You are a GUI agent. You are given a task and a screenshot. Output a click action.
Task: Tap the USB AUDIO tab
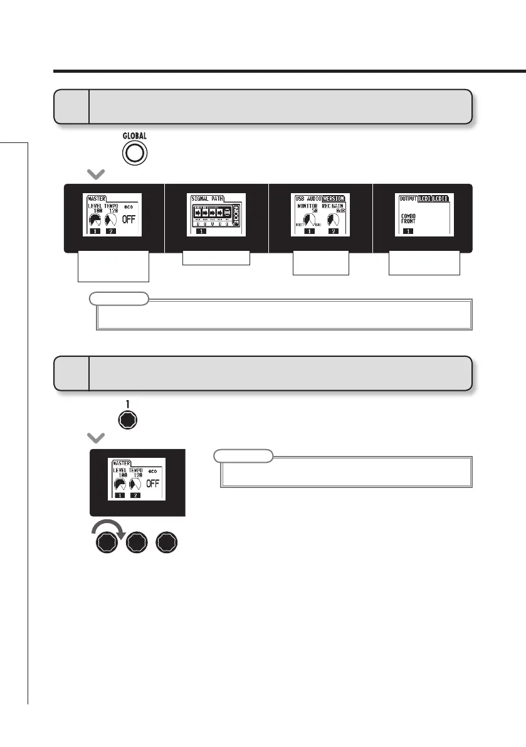307,198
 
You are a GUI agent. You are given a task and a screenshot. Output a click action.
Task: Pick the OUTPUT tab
408,198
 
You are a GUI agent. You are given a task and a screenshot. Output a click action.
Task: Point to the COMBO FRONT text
409,218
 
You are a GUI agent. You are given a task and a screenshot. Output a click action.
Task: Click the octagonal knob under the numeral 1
127,420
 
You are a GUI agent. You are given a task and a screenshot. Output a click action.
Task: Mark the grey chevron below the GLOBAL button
97,174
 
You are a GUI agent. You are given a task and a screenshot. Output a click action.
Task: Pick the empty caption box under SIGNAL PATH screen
216,258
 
